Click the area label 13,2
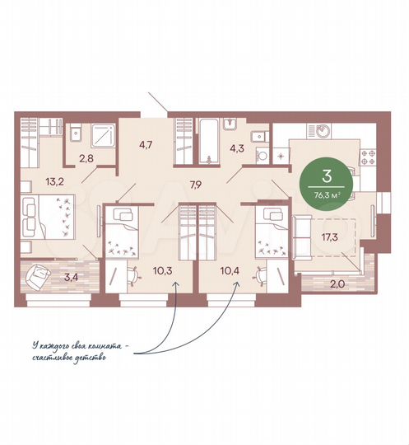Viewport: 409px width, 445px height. tap(54, 181)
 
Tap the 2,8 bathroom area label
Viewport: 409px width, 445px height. tap(86, 158)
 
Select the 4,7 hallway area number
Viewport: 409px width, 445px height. tap(146, 144)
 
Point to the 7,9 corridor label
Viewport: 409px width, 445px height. tap(196, 185)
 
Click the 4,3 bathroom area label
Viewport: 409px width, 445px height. tap(237, 148)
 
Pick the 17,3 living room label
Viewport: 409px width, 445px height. tap(330, 237)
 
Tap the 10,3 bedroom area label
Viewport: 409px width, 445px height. tap(163, 270)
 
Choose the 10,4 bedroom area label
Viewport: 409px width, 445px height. tap(230, 270)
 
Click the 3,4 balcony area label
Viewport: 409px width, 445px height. tap(71, 277)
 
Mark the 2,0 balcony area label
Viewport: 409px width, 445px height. tap(337, 283)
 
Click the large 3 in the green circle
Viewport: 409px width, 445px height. tap(327, 176)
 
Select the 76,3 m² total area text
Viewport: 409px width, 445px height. tap(327, 195)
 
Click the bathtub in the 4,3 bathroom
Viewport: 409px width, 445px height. tap(209, 141)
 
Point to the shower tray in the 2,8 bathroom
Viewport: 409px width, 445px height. tap(103, 135)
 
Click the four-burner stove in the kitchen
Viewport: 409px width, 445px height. tap(368, 157)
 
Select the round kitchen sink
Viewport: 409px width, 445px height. tap(323, 131)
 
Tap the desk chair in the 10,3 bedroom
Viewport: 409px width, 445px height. tap(134, 276)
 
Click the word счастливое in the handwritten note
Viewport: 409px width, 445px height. tap(49, 357)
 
